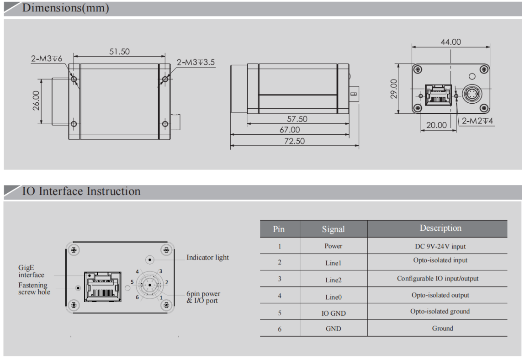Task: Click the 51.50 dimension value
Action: [119, 52]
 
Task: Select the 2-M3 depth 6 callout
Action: [47, 59]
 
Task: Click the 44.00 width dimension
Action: [450, 42]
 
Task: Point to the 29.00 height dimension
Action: [394, 88]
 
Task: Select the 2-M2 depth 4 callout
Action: [477, 121]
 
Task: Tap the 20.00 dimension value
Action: [436, 125]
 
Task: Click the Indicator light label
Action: [207, 258]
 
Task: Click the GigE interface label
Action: [31, 272]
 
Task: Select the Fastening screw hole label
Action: [34, 288]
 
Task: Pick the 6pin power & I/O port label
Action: [203, 297]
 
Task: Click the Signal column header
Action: [333, 229]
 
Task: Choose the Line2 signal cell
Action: [333, 280]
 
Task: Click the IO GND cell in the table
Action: [333, 313]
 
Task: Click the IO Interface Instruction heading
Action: [81, 191]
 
